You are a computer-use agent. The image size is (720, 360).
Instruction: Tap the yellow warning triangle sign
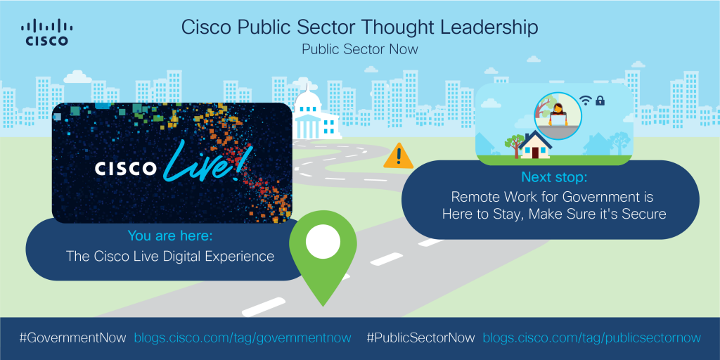click(x=398, y=156)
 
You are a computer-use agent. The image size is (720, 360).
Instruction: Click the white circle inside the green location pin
click(x=323, y=242)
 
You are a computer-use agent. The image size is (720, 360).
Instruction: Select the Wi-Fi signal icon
click(x=585, y=101)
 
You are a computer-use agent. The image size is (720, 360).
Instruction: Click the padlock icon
click(x=600, y=101)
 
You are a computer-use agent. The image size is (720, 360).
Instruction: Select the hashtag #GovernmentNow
click(x=72, y=337)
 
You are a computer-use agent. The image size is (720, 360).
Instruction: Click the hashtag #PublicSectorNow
click(x=420, y=337)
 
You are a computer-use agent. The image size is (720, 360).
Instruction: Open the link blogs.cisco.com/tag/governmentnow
click(x=242, y=337)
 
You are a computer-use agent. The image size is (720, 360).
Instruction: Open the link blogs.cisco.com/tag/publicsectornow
click(x=592, y=337)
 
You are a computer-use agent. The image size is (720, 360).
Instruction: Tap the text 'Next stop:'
click(x=549, y=176)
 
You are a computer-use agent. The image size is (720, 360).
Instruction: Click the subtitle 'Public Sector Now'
click(x=360, y=49)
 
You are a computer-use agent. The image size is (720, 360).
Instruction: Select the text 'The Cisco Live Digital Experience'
click(x=169, y=257)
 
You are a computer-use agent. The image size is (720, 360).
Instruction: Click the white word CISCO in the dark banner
click(x=126, y=169)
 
